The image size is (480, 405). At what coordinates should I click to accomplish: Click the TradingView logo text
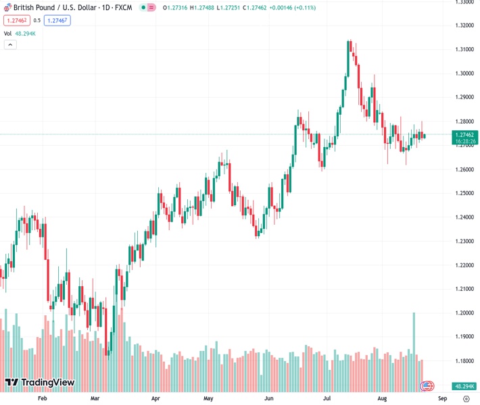[47, 383]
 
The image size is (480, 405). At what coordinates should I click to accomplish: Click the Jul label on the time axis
[327, 399]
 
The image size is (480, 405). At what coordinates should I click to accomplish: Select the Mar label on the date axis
[95, 399]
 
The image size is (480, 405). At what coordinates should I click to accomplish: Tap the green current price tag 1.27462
[464, 135]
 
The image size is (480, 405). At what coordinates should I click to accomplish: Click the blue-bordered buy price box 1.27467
[57, 20]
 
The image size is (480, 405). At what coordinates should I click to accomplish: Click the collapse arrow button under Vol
[10, 45]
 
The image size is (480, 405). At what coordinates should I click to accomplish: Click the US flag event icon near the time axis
[427, 386]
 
